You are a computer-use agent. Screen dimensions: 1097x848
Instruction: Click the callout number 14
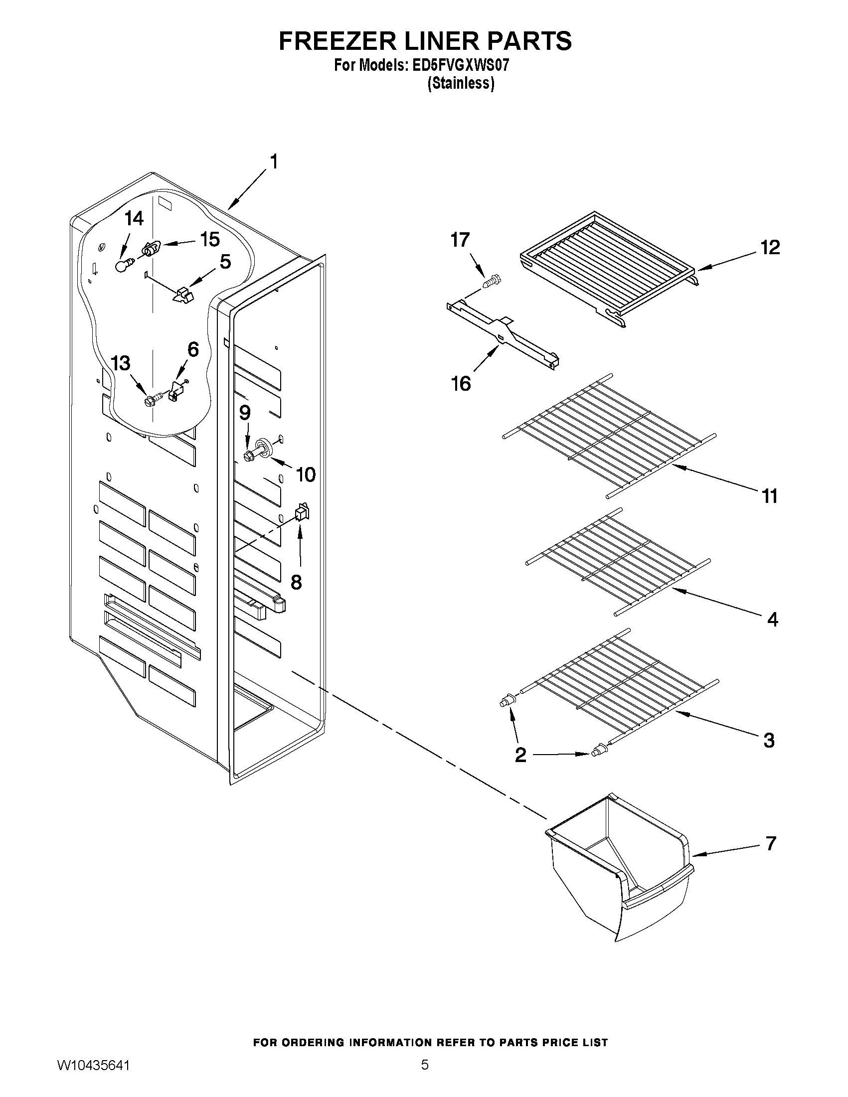point(134,218)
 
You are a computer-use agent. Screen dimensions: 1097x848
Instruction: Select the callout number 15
point(210,239)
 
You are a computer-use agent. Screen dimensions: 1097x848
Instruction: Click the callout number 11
point(770,496)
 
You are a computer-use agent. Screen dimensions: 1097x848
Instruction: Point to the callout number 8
point(297,582)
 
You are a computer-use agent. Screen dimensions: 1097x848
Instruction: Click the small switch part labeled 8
point(302,512)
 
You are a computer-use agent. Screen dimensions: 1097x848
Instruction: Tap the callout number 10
point(306,473)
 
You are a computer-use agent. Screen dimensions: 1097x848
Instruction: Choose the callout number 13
point(121,363)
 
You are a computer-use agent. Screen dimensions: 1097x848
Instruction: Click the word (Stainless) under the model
point(461,83)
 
